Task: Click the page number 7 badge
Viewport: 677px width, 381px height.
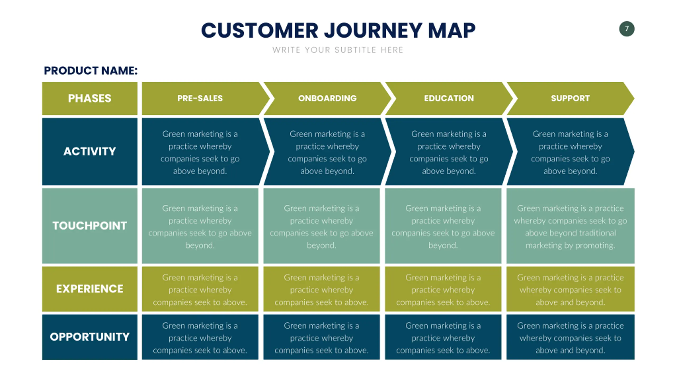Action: [x=626, y=29]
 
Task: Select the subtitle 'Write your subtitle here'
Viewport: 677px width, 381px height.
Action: [x=338, y=50]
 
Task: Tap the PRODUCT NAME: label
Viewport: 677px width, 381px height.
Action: [x=91, y=71]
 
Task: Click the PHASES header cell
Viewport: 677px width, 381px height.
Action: [x=90, y=98]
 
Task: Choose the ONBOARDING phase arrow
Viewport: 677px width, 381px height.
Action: [x=327, y=98]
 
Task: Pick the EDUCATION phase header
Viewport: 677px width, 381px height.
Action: [x=449, y=98]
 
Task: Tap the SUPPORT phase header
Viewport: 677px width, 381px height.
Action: [x=570, y=98]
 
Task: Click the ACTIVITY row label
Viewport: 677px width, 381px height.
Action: [x=90, y=151]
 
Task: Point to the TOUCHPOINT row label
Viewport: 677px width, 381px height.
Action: [x=90, y=226]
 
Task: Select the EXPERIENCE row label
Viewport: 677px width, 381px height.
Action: [x=90, y=289]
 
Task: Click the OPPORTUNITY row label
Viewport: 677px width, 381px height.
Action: [x=90, y=337]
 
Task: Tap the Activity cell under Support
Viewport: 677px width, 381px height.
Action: [x=570, y=151]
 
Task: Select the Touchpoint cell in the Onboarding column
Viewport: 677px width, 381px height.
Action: [x=322, y=226]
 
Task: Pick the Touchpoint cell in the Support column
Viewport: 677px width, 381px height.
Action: [x=570, y=226]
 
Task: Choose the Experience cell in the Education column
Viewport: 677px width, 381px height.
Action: [x=443, y=289]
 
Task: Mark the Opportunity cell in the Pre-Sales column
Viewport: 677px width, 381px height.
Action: [x=200, y=337]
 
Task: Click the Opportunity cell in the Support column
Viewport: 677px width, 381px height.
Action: [x=570, y=337]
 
